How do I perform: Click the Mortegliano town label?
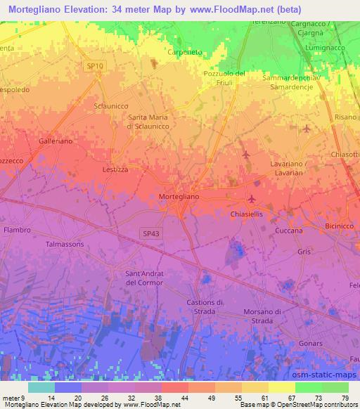pyautogui.click(x=179, y=197)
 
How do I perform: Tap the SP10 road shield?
pyautogui.click(x=95, y=65)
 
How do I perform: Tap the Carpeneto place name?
pyautogui.click(x=185, y=52)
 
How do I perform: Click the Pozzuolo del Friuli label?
pyautogui.click(x=223, y=78)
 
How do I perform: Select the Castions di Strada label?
pyautogui.click(x=205, y=306)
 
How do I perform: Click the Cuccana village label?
pyautogui.click(x=289, y=231)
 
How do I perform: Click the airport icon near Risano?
pyautogui.click(x=307, y=128)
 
